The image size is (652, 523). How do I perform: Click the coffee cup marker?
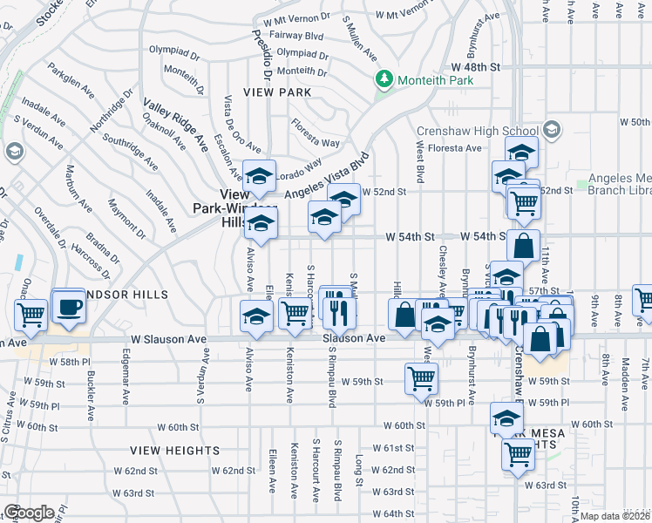(69, 307)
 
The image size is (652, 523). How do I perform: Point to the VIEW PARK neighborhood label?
(277, 92)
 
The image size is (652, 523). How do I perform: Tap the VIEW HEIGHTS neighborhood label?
(175, 451)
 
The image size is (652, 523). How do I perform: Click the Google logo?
(28, 513)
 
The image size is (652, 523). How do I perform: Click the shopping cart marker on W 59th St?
(421, 378)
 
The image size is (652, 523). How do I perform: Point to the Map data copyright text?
(615, 516)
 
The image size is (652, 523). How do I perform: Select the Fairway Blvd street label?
(299, 36)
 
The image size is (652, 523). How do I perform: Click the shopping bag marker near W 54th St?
(524, 246)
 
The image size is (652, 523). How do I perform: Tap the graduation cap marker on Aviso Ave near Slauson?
(256, 316)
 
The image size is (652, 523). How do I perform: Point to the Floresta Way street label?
(316, 132)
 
